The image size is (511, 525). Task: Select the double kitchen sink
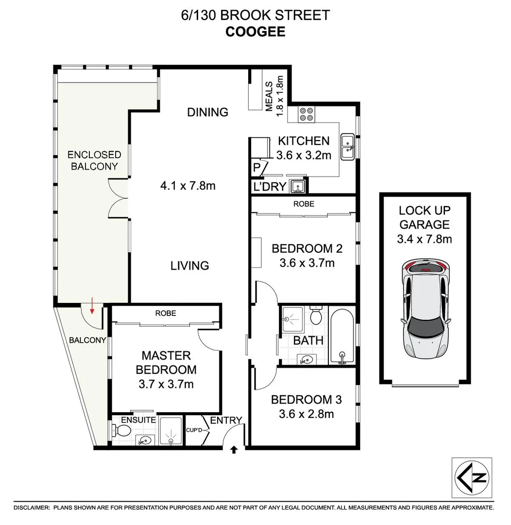(348, 147)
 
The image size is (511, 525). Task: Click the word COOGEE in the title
(255, 32)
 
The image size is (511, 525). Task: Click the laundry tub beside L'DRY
(296, 186)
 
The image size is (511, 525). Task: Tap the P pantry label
(257, 168)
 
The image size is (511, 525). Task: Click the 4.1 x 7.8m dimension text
(187, 185)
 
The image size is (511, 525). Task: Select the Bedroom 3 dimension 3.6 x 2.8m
(306, 414)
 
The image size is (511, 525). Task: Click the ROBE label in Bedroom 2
(304, 204)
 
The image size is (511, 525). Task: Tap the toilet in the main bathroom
(316, 316)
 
